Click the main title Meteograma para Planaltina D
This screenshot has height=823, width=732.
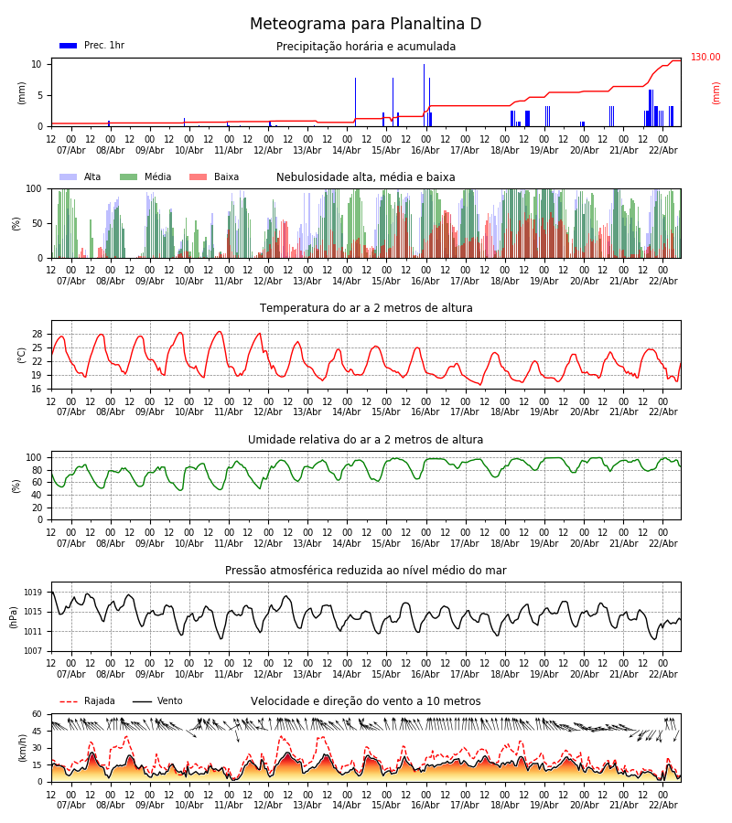(366, 25)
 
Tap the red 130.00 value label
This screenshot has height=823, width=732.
(705, 58)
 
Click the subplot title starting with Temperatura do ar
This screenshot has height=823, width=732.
(366, 308)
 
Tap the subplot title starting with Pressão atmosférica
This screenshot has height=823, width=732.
(366, 571)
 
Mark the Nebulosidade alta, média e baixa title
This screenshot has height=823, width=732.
(366, 177)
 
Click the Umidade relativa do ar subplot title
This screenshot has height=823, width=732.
(366, 440)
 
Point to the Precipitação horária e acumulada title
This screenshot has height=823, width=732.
(366, 47)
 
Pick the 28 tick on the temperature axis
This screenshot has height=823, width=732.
(38, 334)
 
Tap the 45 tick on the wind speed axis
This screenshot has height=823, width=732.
(38, 731)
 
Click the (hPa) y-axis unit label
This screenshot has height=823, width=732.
(14, 616)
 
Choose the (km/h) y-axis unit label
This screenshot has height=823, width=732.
(23, 747)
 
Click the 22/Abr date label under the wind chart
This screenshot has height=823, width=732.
(662, 805)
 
